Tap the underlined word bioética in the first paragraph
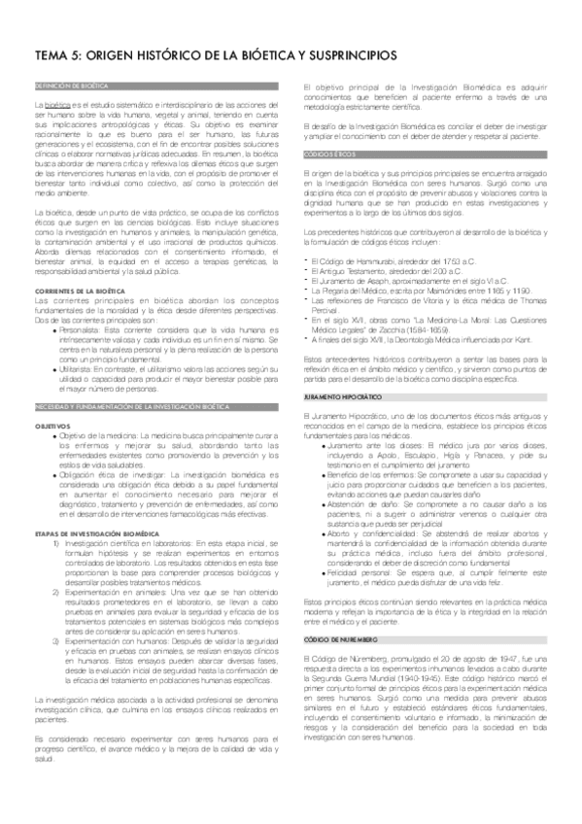(57, 103)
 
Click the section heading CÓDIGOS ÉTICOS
(325, 154)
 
